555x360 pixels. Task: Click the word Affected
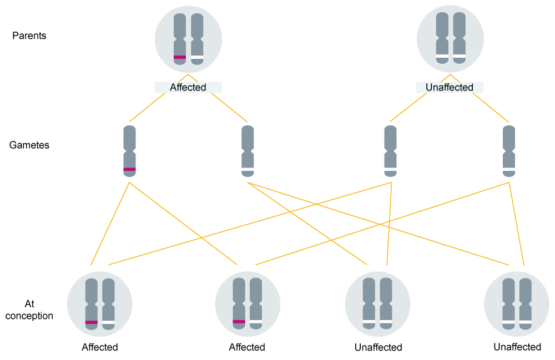click(x=188, y=88)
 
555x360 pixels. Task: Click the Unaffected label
click(x=450, y=88)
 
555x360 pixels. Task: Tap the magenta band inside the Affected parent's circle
click(x=180, y=57)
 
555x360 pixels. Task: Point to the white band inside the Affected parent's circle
click(x=197, y=57)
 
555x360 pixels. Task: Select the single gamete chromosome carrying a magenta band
click(x=129, y=151)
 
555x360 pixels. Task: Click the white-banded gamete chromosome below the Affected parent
click(x=248, y=151)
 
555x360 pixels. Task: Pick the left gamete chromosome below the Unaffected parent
click(x=391, y=151)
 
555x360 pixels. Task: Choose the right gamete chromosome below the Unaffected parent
click(x=509, y=151)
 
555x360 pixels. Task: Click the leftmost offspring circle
click(x=100, y=304)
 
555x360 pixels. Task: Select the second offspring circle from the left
click(x=248, y=304)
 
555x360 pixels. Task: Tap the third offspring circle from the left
click(x=377, y=304)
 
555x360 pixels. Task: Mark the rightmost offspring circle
click(x=517, y=304)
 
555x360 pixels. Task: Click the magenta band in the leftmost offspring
click(x=92, y=322)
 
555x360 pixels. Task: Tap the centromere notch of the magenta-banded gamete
click(x=129, y=151)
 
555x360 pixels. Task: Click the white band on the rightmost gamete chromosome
click(x=509, y=169)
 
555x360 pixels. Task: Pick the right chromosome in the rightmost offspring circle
click(x=525, y=304)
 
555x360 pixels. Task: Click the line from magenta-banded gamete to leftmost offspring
click(x=110, y=222)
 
